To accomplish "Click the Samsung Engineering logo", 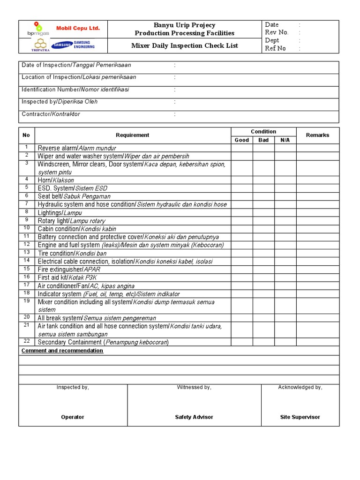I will [73, 45].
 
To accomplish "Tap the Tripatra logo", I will [40, 45].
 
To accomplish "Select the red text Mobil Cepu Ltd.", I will [78, 28].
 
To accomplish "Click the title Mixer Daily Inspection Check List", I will [184, 45].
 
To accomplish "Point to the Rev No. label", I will [277, 32].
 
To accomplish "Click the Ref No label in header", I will [275, 48].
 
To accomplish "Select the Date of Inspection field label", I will [76, 65].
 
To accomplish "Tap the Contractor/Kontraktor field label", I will [51, 114].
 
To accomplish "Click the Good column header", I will [241, 140].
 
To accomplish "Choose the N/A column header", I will [285, 140].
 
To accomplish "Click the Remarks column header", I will [317, 135].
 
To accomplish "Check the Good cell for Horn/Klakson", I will [241, 180].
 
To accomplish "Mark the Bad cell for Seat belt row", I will [263, 196].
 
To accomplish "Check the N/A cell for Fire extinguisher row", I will [285, 270].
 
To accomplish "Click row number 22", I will [27, 341].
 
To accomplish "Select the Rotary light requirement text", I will [71, 221].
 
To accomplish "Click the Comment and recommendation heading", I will [62, 351].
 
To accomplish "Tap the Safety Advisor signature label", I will [194, 417].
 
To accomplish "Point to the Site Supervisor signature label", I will [300, 417].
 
